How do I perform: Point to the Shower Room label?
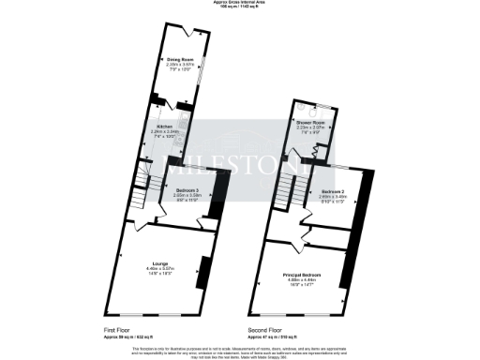point(312,123)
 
